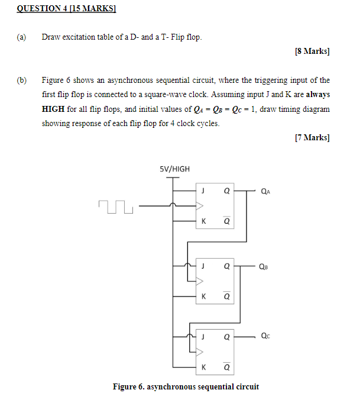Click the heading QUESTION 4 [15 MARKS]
pyautogui.click(x=66, y=9)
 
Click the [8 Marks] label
pyautogui.click(x=312, y=51)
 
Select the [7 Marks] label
pyautogui.click(x=312, y=138)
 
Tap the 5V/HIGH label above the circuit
pyautogui.click(x=175, y=169)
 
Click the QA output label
pyautogui.click(x=267, y=192)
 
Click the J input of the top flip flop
pyautogui.click(x=203, y=191)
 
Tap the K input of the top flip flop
pyautogui.click(x=203, y=222)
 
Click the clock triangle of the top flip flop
pyautogui.click(x=200, y=207)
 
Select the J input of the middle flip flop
pyautogui.click(x=203, y=266)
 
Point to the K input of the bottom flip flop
pyautogui.click(x=203, y=367)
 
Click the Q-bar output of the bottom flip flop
pyautogui.click(x=227, y=367)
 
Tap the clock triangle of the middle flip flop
pyautogui.click(x=200, y=281)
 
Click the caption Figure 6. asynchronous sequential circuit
pyautogui.click(x=186, y=387)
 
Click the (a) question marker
pyautogui.click(x=21, y=37)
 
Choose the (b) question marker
pyautogui.click(x=22, y=80)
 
